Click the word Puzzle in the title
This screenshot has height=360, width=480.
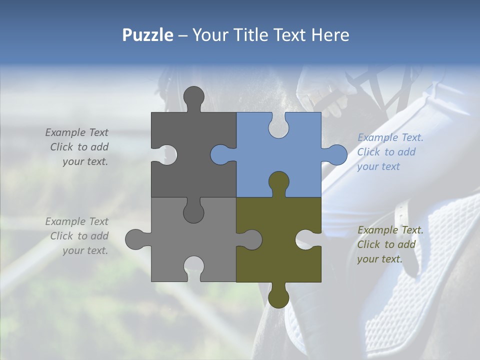tap(148, 35)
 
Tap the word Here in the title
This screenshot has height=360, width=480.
tap(330, 35)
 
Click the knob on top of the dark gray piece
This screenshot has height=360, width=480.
tap(194, 96)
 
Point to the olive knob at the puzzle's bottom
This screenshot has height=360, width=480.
tap(278, 297)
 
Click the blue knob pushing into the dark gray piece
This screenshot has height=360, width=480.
tap(220, 154)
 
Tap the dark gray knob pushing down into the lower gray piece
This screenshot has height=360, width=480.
tap(193, 212)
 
